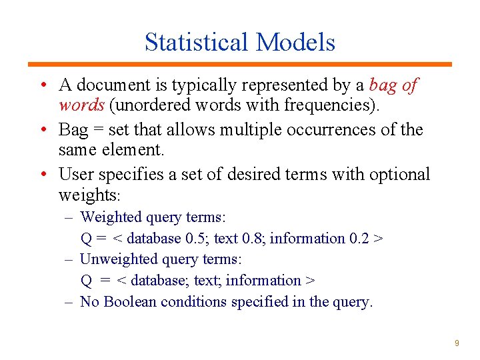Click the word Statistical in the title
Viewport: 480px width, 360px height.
197,42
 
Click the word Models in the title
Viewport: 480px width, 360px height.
295,42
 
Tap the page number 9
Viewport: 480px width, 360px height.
457,343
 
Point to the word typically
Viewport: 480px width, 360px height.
204,85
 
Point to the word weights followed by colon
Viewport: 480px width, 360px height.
87,195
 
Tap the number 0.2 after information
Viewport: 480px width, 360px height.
360,238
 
